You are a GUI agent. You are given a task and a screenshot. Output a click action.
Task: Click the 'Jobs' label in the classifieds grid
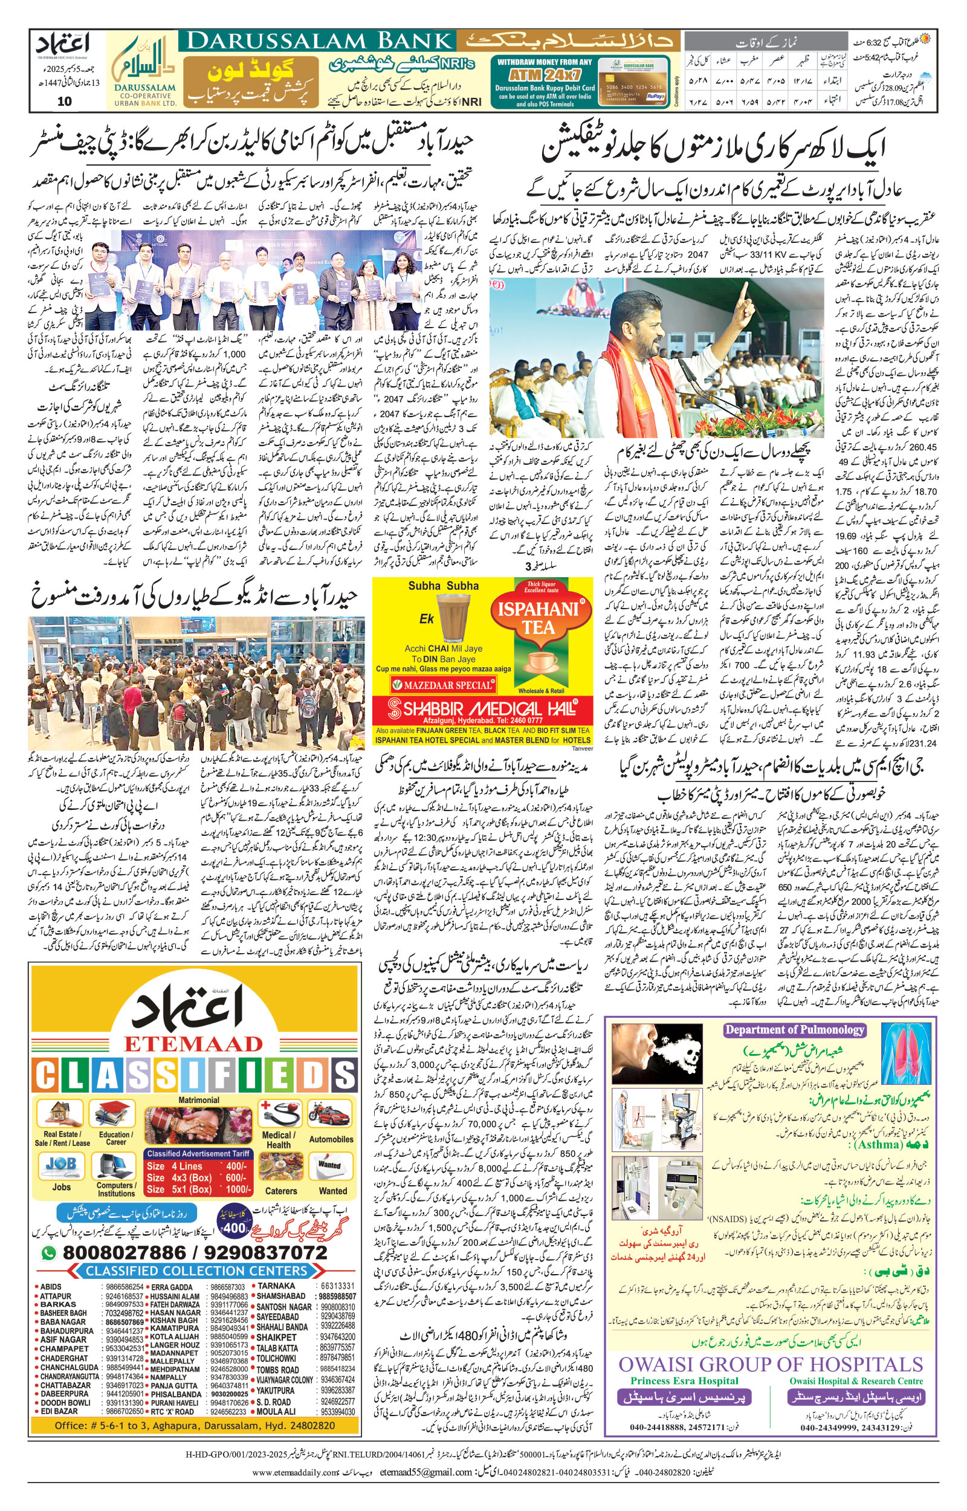[61, 1186]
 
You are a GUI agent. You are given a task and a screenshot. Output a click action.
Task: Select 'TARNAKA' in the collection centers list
[276, 1286]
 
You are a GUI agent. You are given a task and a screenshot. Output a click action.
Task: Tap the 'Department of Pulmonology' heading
[794, 1029]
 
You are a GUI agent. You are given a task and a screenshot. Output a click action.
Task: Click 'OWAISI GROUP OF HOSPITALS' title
[771, 1364]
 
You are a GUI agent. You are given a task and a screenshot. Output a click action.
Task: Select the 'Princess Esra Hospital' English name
[684, 1380]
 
